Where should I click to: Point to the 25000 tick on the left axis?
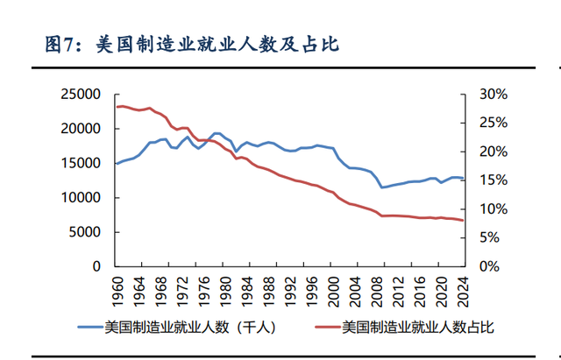(x=83, y=94)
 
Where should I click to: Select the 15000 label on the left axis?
(x=83, y=163)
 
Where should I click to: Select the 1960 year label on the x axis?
(x=117, y=289)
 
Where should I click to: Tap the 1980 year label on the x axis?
(x=224, y=289)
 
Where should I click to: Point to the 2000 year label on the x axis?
(x=333, y=289)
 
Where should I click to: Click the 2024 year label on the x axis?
(x=463, y=289)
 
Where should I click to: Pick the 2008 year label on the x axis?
(x=376, y=289)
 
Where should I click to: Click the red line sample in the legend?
(x=323, y=328)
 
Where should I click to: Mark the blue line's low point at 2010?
(x=382, y=187)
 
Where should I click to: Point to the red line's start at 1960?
(x=117, y=107)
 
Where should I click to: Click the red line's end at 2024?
(x=463, y=221)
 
